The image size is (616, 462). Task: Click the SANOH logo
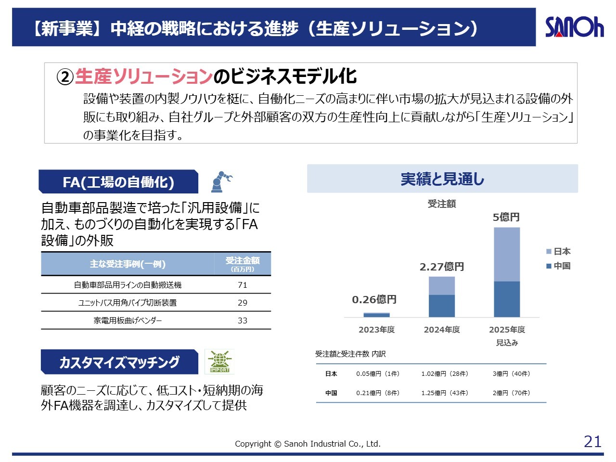pyautogui.click(x=574, y=27)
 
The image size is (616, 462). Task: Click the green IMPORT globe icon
pyautogui.click(x=219, y=362)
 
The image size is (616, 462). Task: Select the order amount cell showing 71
pyautogui.click(x=243, y=285)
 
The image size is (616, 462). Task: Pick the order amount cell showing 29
pyautogui.click(x=243, y=303)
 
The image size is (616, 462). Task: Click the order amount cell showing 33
pyautogui.click(x=243, y=321)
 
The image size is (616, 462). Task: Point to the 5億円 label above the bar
pyautogui.click(x=506, y=218)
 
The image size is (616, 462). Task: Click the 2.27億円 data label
pyautogui.click(x=442, y=267)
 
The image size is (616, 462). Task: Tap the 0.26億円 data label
pyautogui.click(x=374, y=300)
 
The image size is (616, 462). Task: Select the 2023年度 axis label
pyautogui.click(x=376, y=330)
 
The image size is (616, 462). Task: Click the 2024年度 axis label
pyautogui.click(x=442, y=330)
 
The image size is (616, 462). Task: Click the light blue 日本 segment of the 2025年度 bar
pyautogui.click(x=507, y=254)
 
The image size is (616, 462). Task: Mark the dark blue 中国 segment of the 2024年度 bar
pyautogui.click(x=442, y=306)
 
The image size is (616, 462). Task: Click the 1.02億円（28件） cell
pyautogui.click(x=445, y=374)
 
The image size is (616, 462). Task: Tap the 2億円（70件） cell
pyautogui.click(x=511, y=393)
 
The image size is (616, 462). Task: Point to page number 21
pyautogui.click(x=592, y=441)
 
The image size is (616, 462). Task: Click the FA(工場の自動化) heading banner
pyautogui.click(x=118, y=182)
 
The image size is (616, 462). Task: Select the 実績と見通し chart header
pyautogui.click(x=442, y=179)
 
